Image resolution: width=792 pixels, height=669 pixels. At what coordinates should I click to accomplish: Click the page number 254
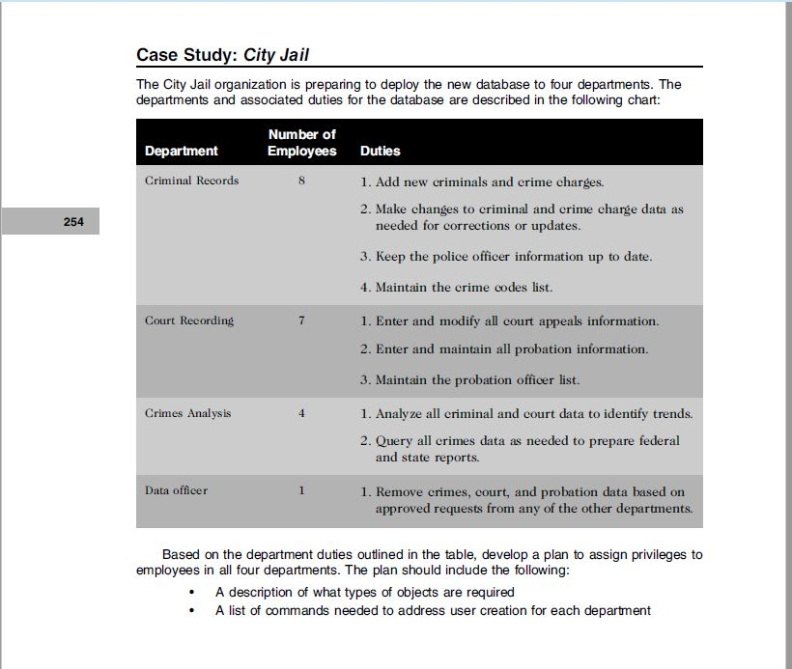click(73, 222)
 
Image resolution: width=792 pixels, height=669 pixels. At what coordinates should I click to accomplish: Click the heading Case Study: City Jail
click(222, 55)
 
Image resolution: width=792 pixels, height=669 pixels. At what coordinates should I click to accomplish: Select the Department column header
click(182, 151)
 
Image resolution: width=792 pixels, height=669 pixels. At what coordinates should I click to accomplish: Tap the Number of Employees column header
click(302, 143)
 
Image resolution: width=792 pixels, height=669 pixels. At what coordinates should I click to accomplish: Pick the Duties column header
click(380, 151)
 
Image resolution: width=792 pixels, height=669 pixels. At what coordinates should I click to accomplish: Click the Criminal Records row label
click(192, 181)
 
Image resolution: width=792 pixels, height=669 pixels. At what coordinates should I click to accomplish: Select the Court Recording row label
click(189, 321)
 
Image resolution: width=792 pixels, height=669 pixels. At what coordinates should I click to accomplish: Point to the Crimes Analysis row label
click(188, 413)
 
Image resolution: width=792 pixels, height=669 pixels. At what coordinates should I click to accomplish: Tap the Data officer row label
click(176, 490)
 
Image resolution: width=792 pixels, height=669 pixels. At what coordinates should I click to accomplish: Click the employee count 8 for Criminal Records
click(302, 181)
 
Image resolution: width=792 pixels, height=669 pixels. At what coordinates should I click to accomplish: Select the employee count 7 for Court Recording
click(302, 321)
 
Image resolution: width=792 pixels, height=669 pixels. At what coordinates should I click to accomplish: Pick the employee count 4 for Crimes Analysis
click(302, 413)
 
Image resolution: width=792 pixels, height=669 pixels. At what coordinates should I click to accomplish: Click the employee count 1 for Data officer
click(302, 490)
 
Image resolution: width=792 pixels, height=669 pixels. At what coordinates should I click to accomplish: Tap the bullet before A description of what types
click(194, 592)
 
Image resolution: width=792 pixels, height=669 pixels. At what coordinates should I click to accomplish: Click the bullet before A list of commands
click(194, 610)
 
